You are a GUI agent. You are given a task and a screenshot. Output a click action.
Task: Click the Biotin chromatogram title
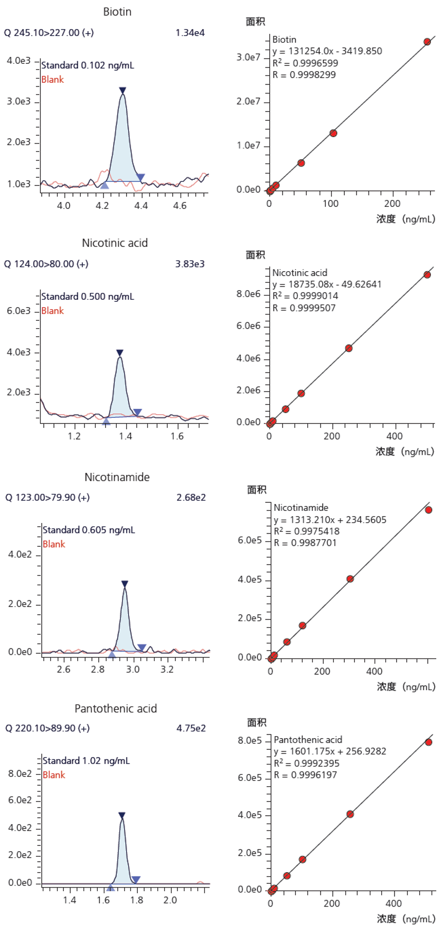pyautogui.click(x=117, y=12)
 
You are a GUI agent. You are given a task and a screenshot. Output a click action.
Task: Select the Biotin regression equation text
pyautogui.click(x=327, y=51)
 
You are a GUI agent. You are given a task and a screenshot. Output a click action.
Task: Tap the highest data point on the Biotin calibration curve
pyautogui.click(x=427, y=42)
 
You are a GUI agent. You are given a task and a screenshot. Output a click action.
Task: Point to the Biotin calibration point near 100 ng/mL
pyautogui.click(x=333, y=133)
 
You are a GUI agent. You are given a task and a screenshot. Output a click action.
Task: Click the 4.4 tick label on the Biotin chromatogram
pyautogui.click(x=141, y=205)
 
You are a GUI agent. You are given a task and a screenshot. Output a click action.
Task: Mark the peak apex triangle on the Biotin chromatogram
pyautogui.click(x=123, y=91)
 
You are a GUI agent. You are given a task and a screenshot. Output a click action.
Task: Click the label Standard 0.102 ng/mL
pyautogui.click(x=88, y=65)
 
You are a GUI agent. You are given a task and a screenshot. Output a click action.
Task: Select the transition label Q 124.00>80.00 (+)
pyautogui.click(x=46, y=264)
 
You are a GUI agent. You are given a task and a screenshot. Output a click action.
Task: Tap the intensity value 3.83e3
pyautogui.click(x=190, y=264)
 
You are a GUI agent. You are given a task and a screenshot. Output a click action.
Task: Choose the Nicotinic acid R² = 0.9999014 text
pyautogui.click(x=305, y=296)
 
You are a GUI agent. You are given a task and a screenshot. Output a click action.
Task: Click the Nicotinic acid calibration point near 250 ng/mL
pyautogui.click(x=349, y=348)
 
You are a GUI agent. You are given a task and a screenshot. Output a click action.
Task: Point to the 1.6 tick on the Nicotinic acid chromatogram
pyautogui.click(x=177, y=436)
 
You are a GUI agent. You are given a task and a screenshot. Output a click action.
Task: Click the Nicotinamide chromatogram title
pyautogui.click(x=117, y=477)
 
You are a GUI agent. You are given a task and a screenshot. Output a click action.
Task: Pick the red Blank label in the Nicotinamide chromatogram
pyautogui.click(x=54, y=544)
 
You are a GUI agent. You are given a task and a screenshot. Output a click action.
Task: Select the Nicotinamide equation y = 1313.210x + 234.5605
pyautogui.click(x=330, y=520)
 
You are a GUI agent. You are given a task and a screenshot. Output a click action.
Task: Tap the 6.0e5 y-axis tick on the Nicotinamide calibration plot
pyautogui.click(x=250, y=540)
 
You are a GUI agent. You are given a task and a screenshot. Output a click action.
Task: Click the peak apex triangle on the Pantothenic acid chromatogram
pyautogui.click(x=122, y=815)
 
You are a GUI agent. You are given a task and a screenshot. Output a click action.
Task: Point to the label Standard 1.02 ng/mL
pyautogui.click(x=86, y=761)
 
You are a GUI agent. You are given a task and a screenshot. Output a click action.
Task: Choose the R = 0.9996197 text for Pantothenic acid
pyautogui.click(x=305, y=775)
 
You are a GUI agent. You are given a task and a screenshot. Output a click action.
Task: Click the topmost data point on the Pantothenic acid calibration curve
pyautogui.click(x=428, y=742)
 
